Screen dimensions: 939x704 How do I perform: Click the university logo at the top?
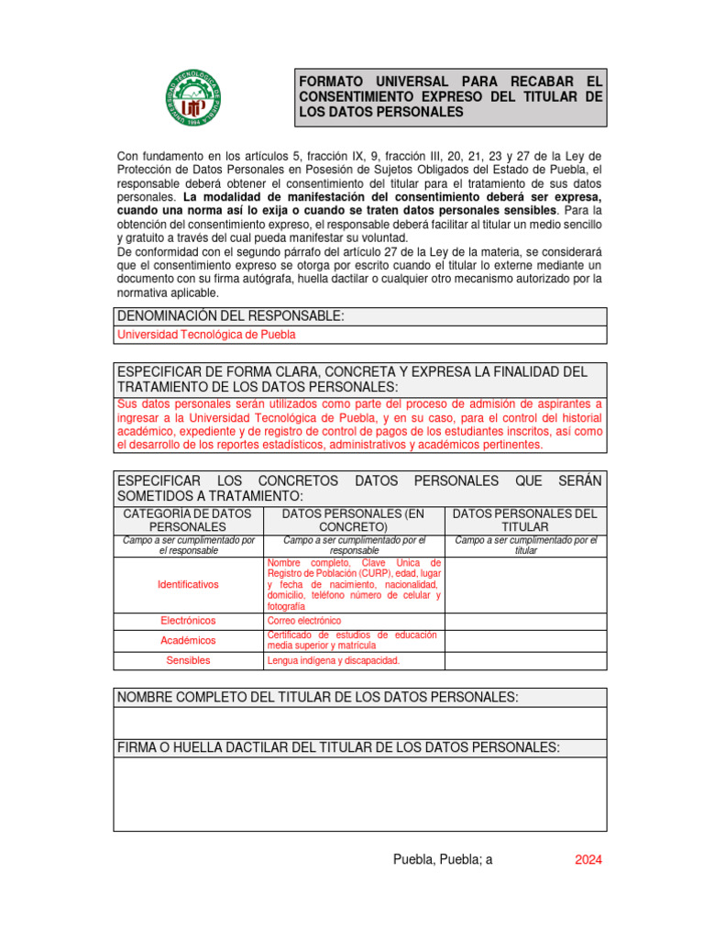(193, 98)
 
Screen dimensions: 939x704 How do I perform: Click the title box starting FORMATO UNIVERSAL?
(450, 96)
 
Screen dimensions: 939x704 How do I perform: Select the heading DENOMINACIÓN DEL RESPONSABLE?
(231, 316)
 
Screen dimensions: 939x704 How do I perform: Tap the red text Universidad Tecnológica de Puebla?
(206, 335)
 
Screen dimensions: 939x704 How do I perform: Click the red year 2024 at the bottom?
(588, 860)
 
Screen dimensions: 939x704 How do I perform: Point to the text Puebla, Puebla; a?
(443, 860)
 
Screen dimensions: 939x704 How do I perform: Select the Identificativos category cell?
(189, 584)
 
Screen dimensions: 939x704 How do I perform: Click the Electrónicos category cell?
(189, 621)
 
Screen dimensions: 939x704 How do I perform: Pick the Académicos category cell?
(189, 640)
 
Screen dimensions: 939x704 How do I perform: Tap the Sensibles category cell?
(189, 660)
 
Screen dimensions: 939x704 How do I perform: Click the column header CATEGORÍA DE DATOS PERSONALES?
(187, 520)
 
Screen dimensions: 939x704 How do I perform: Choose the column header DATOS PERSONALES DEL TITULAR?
(525, 520)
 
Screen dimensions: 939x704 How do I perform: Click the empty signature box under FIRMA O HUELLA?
(359, 794)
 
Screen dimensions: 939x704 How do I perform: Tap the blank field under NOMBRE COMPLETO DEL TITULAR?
(359, 723)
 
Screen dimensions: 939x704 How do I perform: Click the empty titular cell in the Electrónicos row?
(525, 621)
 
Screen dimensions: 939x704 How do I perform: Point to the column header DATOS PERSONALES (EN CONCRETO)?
(353, 520)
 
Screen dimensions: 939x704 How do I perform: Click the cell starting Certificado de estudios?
(353, 640)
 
